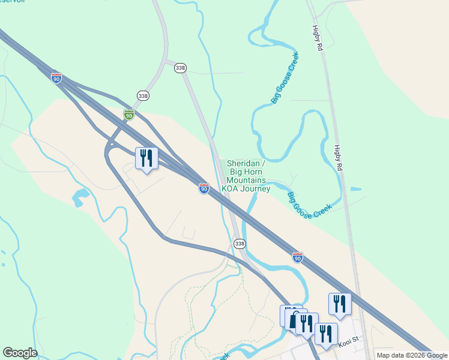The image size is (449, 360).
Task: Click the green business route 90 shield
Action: click(x=129, y=114)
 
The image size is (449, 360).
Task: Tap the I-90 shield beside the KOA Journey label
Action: click(x=204, y=188)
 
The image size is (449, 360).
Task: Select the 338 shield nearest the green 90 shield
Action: click(x=143, y=95)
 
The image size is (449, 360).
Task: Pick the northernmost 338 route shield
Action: click(x=180, y=68)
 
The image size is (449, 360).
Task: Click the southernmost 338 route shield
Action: click(x=240, y=243)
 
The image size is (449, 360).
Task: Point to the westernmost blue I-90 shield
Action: click(x=56, y=79)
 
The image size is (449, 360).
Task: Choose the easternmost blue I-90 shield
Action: click(x=298, y=257)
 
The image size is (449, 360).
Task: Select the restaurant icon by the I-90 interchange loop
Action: click(x=146, y=158)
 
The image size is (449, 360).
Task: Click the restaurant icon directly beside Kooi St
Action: click(x=326, y=333)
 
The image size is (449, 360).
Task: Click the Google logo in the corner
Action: click(x=20, y=353)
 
